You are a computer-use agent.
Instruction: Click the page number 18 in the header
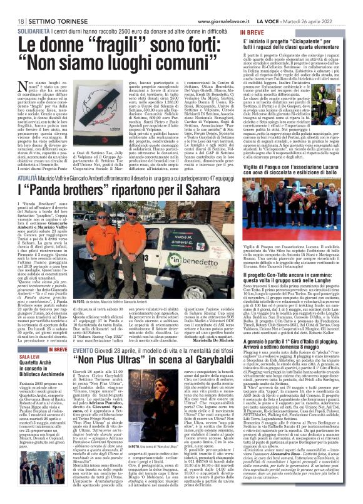click(x=13, y=5)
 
